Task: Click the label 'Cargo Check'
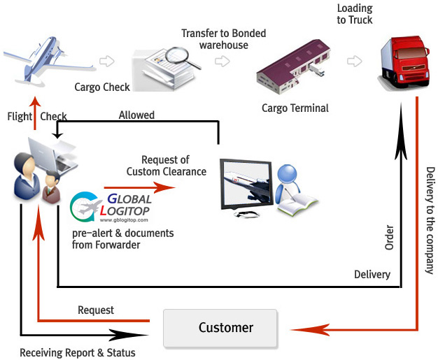pos(103,87)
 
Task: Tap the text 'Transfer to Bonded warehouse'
pos(224,39)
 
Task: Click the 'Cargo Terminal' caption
pos(295,108)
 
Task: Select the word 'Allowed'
pos(136,115)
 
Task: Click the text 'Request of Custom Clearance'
pos(166,166)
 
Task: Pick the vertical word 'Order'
pos(389,238)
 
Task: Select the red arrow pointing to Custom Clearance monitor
pos(139,187)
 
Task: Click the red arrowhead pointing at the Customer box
pos(298,328)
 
